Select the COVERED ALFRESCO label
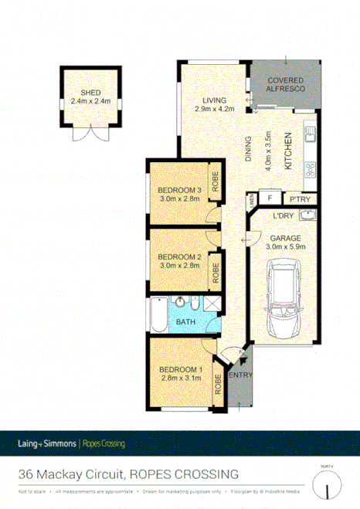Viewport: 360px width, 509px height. point(286,85)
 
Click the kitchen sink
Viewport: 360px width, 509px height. point(311,134)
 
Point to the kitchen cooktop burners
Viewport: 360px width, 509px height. point(311,168)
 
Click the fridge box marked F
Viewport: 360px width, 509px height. point(270,198)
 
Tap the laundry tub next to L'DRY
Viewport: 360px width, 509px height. point(307,215)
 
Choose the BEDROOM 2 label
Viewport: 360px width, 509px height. point(179,257)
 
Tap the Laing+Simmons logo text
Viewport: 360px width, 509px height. point(47,443)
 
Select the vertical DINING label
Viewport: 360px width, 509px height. point(248,149)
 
